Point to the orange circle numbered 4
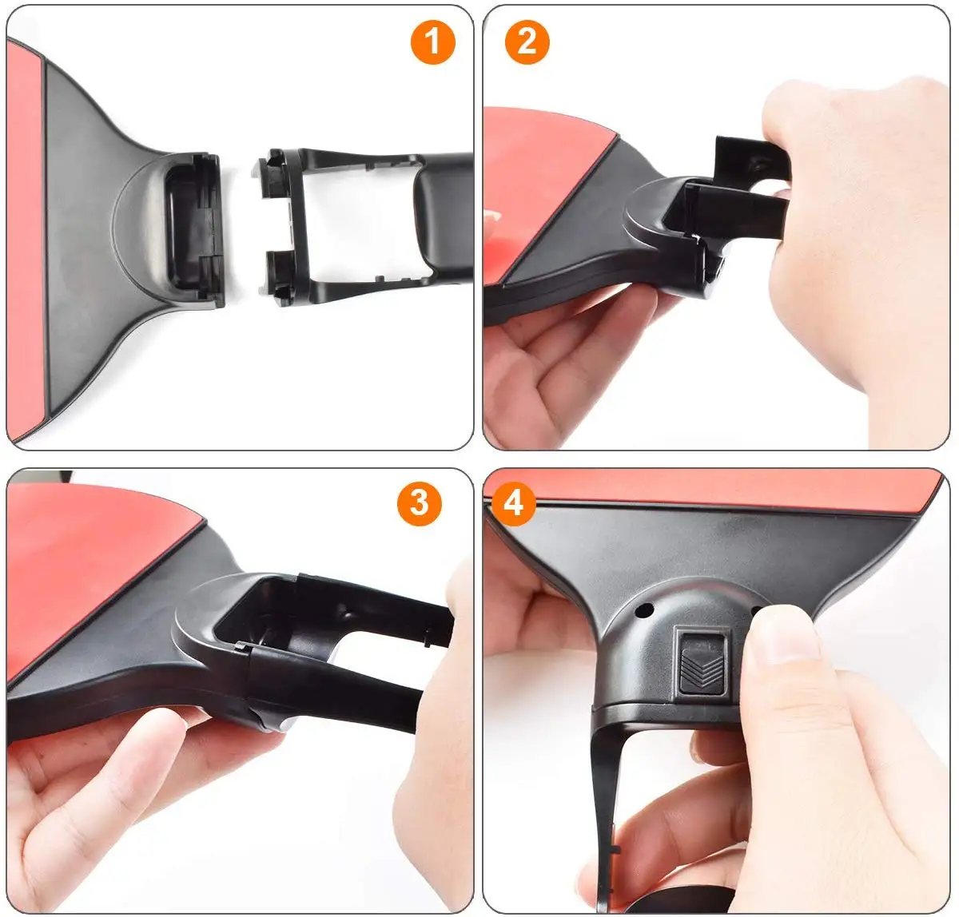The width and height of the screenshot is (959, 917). coord(514,504)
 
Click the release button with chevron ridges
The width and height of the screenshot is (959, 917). coord(701,664)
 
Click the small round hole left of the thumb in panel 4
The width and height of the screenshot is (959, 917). coord(643,611)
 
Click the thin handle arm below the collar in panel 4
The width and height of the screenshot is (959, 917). coord(606,808)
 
